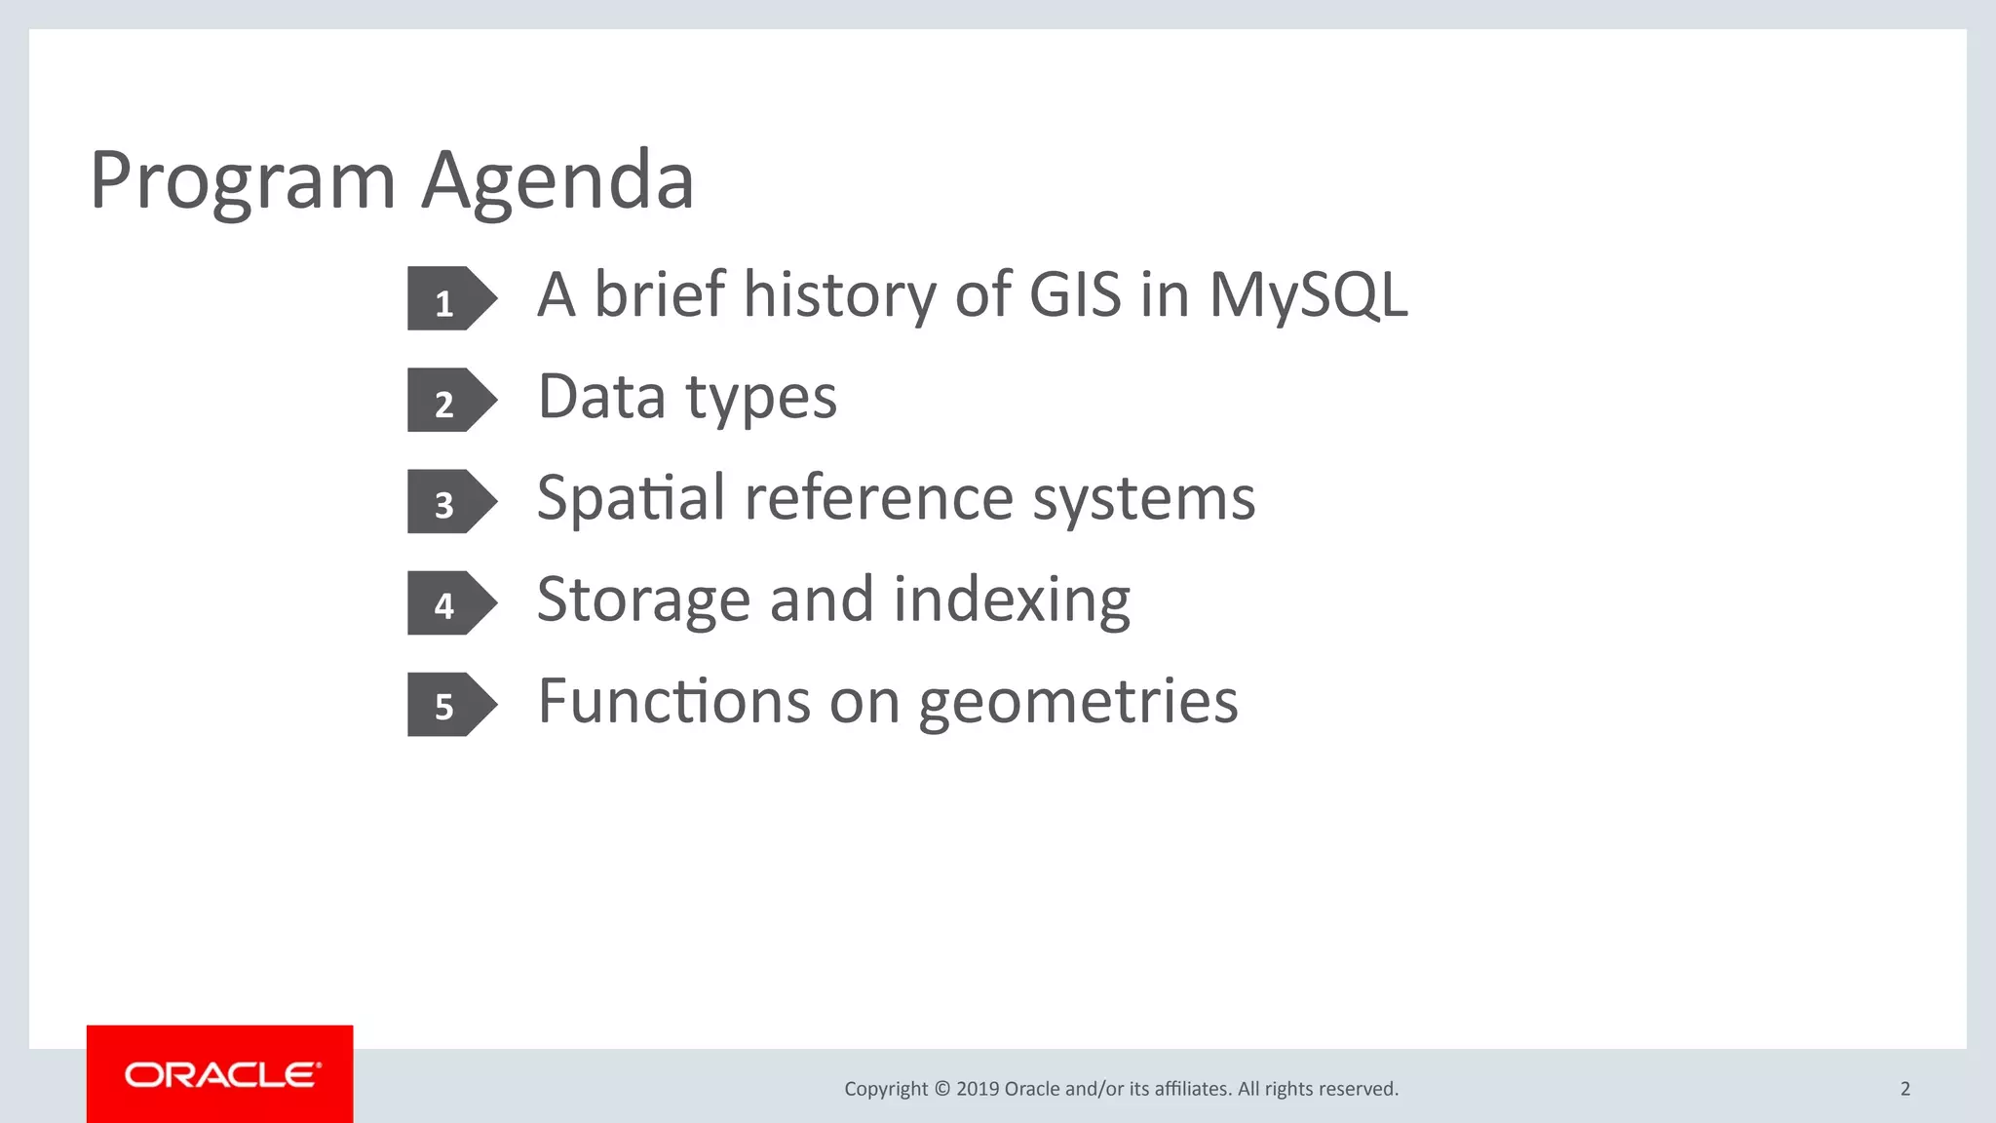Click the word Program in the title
(x=243, y=181)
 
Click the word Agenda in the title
(x=557, y=181)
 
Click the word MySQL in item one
(x=1308, y=294)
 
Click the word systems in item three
(x=1143, y=499)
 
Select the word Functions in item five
(x=673, y=702)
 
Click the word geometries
(x=1078, y=702)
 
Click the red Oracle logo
(x=220, y=1074)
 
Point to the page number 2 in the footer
(x=1904, y=1089)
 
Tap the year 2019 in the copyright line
(x=978, y=1089)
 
